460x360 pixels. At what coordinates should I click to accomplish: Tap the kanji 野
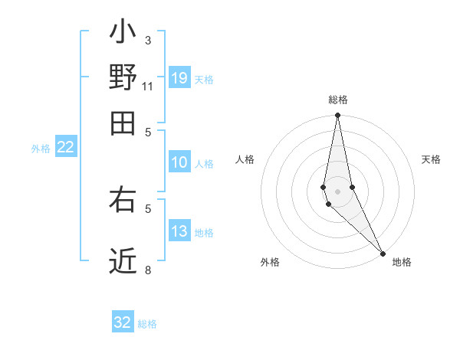123,77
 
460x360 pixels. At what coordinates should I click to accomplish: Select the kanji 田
123,123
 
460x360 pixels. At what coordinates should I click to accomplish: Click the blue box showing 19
179,77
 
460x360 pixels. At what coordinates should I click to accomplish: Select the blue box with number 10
179,162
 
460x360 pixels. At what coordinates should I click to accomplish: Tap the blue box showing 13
179,231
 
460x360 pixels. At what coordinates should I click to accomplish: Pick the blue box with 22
65,148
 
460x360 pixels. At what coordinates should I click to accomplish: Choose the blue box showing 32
123,322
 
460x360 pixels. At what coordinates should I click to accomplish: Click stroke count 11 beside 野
147,86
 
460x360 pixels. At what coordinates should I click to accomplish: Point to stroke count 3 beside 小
147,40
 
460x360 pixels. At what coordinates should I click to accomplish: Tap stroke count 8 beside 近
147,270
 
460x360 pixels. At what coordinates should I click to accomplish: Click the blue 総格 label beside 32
147,324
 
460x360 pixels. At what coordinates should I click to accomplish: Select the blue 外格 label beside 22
41,149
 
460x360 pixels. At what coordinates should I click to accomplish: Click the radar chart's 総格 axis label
337,100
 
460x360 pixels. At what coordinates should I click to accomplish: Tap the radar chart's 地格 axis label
402,262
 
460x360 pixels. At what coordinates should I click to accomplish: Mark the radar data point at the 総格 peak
337,116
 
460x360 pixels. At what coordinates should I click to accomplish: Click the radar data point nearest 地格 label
383,253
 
